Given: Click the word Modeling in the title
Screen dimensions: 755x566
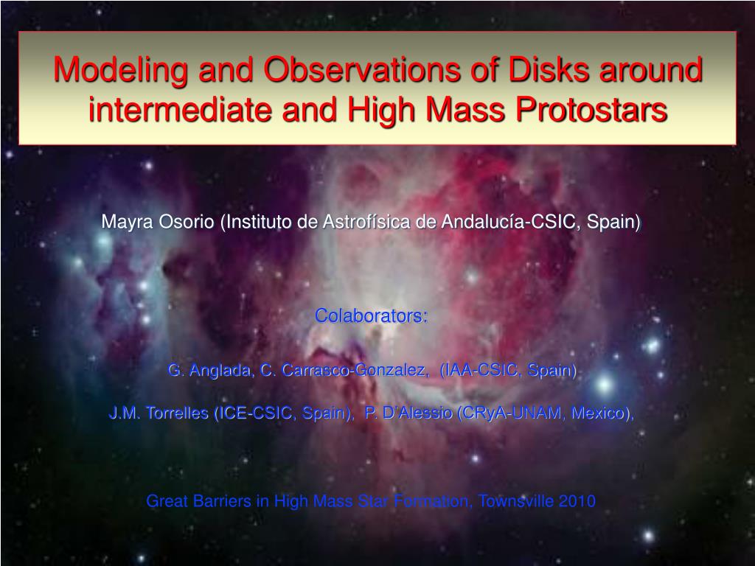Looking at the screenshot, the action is pyautogui.click(x=121, y=70).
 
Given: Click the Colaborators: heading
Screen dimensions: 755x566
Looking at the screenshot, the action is pyautogui.click(x=371, y=315).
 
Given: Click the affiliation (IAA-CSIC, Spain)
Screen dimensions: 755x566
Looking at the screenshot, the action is pyautogui.click(x=508, y=370).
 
